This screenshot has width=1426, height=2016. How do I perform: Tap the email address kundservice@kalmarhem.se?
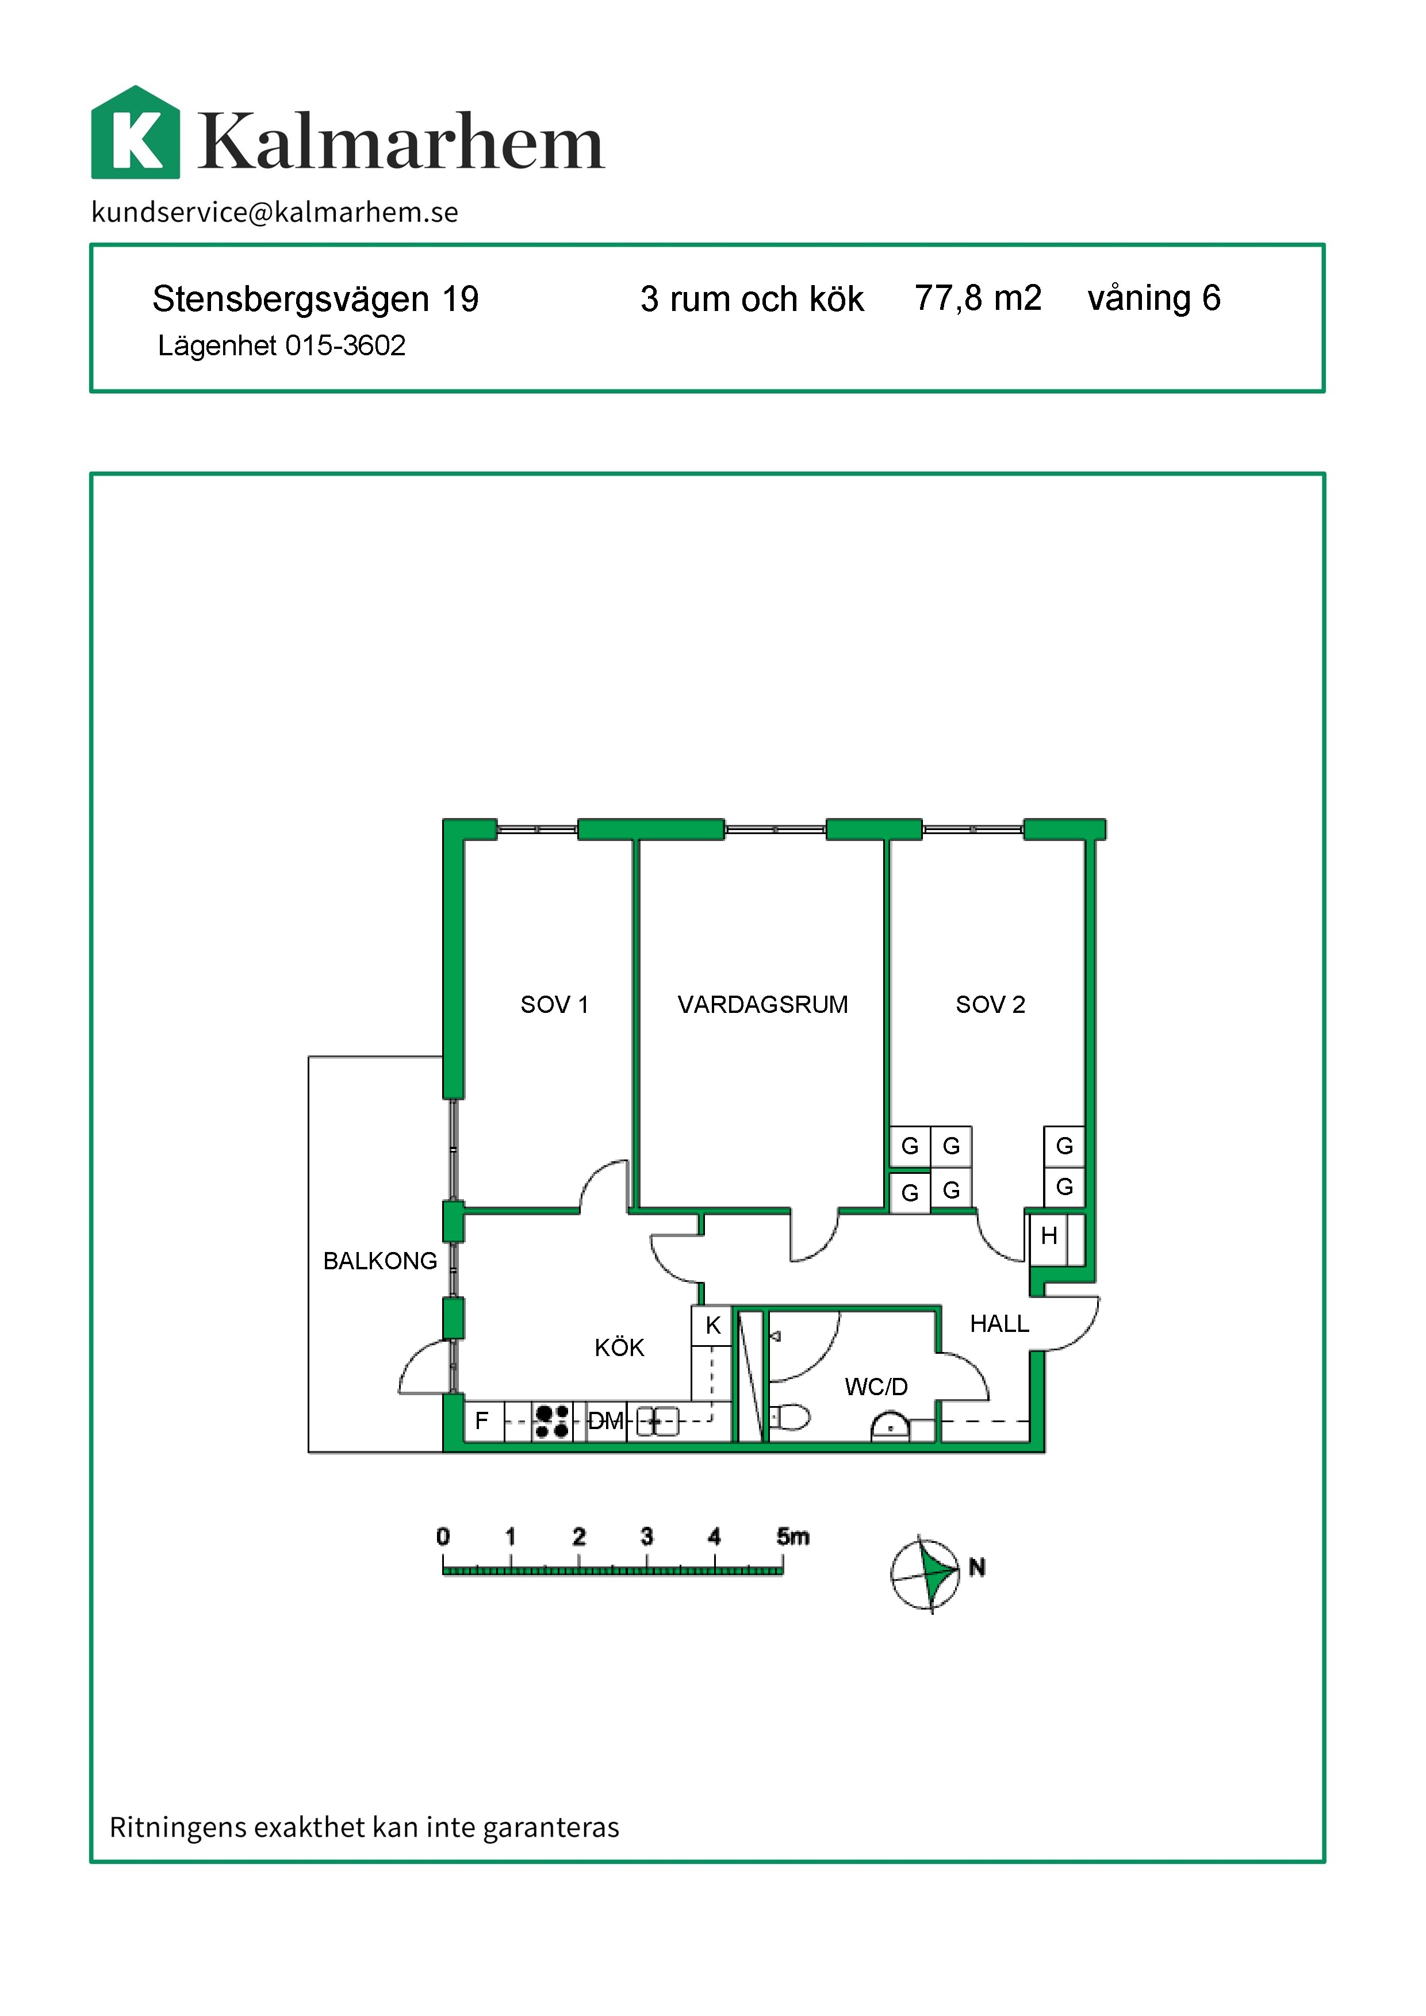[x=275, y=212]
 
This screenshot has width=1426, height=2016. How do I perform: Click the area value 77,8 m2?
[x=977, y=298]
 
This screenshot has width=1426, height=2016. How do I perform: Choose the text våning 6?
[x=1154, y=298]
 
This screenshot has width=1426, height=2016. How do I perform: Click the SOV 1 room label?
[x=554, y=1004]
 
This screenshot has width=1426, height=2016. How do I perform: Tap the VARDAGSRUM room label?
[x=762, y=1004]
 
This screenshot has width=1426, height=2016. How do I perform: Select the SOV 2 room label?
[x=991, y=1004]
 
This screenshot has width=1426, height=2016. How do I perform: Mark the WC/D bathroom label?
[x=876, y=1387]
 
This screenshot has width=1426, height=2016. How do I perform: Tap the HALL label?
[x=999, y=1323]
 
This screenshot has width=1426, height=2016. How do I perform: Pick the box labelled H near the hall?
[x=1048, y=1237]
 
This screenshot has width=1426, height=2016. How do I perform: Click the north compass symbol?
[x=926, y=1575]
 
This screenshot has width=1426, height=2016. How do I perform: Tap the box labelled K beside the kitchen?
[x=712, y=1326]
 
